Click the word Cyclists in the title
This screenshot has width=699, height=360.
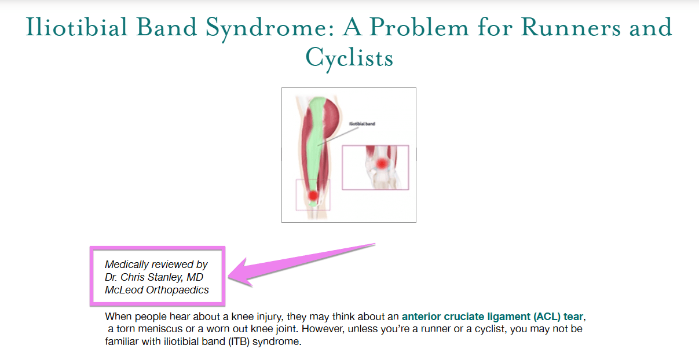pyautogui.click(x=349, y=57)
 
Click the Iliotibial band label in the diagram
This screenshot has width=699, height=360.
pyautogui.click(x=363, y=124)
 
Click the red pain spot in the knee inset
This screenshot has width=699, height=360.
pyautogui.click(x=381, y=164)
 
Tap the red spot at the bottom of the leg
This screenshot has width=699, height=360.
pyautogui.click(x=313, y=196)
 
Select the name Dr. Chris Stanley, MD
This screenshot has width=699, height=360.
pyautogui.click(x=154, y=277)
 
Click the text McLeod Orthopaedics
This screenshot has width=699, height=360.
pyautogui.click(x=156, y=290)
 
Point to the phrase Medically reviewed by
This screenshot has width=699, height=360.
pyautogui.click(x=156, y=265)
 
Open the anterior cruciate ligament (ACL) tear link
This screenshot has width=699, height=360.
pyautogui.click(x=493, y=317)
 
